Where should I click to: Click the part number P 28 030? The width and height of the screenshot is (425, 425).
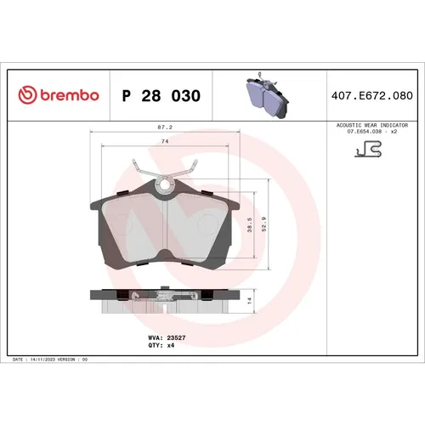[161, 96]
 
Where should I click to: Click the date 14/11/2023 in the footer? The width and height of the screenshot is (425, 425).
[44, 360]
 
